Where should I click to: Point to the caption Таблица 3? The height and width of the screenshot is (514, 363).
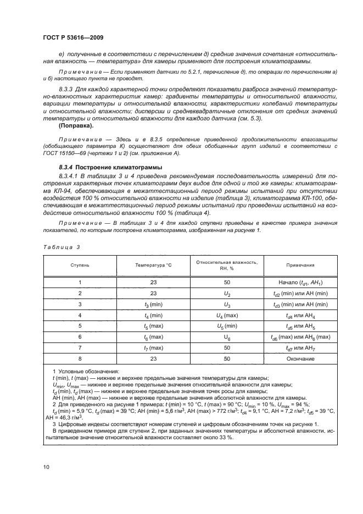pos(62,247)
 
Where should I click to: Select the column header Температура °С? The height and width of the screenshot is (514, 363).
pos(154,265)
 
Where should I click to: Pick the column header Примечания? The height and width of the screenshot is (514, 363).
pos(300,265)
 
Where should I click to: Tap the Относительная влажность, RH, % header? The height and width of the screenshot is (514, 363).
pos(227,265)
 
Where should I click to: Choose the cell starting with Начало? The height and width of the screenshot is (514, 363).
pos(300,283)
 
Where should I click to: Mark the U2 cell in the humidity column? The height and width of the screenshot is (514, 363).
pos(227,294)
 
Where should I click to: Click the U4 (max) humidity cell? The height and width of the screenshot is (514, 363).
pos(227,315)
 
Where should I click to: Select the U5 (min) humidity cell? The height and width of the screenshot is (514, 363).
pos(227,326)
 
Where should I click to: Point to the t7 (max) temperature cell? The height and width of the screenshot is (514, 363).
pos(154,347)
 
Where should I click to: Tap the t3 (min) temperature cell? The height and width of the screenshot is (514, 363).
pos(154,304)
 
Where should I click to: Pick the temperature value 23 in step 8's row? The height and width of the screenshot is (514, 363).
pos(154,358)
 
